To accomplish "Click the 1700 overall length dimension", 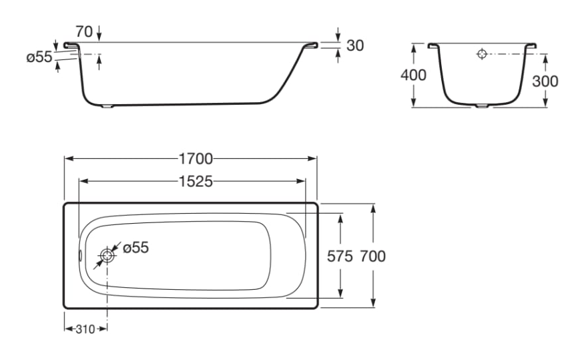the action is pos(196,159).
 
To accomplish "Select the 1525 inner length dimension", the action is pos(196,181).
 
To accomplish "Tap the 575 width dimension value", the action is pos(340,256).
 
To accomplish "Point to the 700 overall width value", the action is pos(372,256).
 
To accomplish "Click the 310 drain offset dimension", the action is pos(85,329).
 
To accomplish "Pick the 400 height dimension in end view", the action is pos(413,75).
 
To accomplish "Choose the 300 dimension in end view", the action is pos(545,81).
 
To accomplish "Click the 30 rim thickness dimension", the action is pos(355,45).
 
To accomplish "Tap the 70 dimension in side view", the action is pos(84,31).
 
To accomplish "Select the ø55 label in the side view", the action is pos(39,57).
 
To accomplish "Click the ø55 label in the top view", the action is pos(135,248).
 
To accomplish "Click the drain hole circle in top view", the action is pos(107,256).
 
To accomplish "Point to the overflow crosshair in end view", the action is pos(482,54).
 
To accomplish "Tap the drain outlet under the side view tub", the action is pos(107,106).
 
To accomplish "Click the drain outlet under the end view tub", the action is pos(482,106).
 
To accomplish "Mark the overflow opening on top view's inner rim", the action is pos(81,256).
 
